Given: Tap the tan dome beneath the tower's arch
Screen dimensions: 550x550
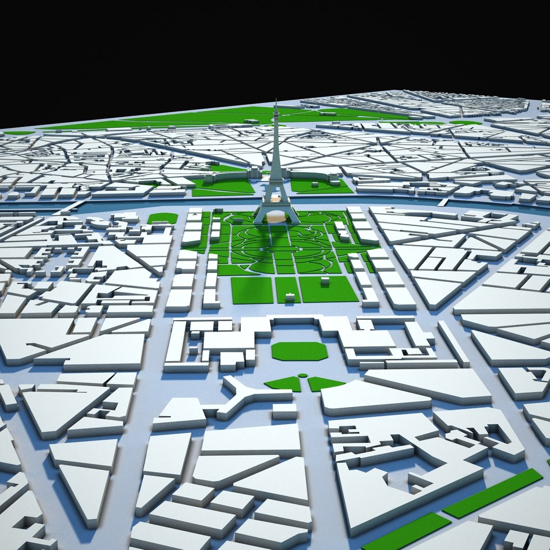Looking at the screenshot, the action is coord(277,216).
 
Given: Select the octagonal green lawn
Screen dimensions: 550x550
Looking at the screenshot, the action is coord(299,351).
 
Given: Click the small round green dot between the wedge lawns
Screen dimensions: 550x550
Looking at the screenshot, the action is coord(303,376).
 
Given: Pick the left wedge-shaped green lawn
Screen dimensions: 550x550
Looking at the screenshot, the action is coord(284,383).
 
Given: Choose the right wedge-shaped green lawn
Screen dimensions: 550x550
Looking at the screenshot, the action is coord(324,383).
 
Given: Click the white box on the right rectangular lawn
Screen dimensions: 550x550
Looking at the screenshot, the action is coord(324,281).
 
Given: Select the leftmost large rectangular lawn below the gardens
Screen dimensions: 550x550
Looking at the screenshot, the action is coord(252,290).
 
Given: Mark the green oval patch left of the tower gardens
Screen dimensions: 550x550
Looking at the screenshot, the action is coord(162,218).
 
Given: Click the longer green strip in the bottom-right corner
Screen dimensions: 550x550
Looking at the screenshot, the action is coord(492,492).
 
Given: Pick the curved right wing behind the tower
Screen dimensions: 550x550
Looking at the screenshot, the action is coord(316,176).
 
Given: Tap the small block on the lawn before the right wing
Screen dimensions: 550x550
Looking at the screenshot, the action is coord(334,180).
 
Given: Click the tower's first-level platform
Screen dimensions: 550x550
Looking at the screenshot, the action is coord(276,184).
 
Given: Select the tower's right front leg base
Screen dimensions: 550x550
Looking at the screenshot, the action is coord(294,220).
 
